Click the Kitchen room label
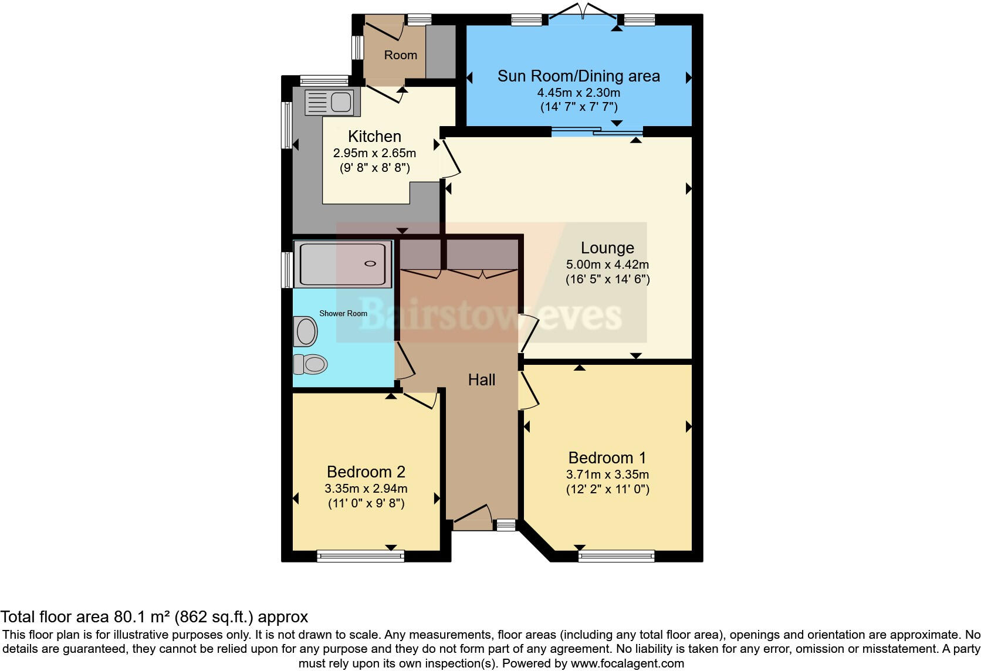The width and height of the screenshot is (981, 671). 374,137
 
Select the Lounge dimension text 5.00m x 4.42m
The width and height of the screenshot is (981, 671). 607,265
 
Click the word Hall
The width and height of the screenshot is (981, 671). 482,380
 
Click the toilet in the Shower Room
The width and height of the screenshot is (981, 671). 310,364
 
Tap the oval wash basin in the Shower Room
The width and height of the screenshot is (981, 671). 306,331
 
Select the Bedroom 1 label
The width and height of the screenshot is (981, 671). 607,457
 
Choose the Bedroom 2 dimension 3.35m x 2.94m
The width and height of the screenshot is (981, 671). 366,489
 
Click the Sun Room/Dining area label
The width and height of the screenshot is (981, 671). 579,76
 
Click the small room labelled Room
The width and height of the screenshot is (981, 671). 400,55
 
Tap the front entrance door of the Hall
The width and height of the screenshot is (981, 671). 473,514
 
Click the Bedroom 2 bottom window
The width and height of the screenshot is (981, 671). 360,555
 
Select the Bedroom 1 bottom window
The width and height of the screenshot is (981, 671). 616,555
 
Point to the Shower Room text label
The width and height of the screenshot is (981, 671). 343,313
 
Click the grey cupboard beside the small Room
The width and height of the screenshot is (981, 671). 440,52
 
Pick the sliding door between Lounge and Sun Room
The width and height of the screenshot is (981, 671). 597,131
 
